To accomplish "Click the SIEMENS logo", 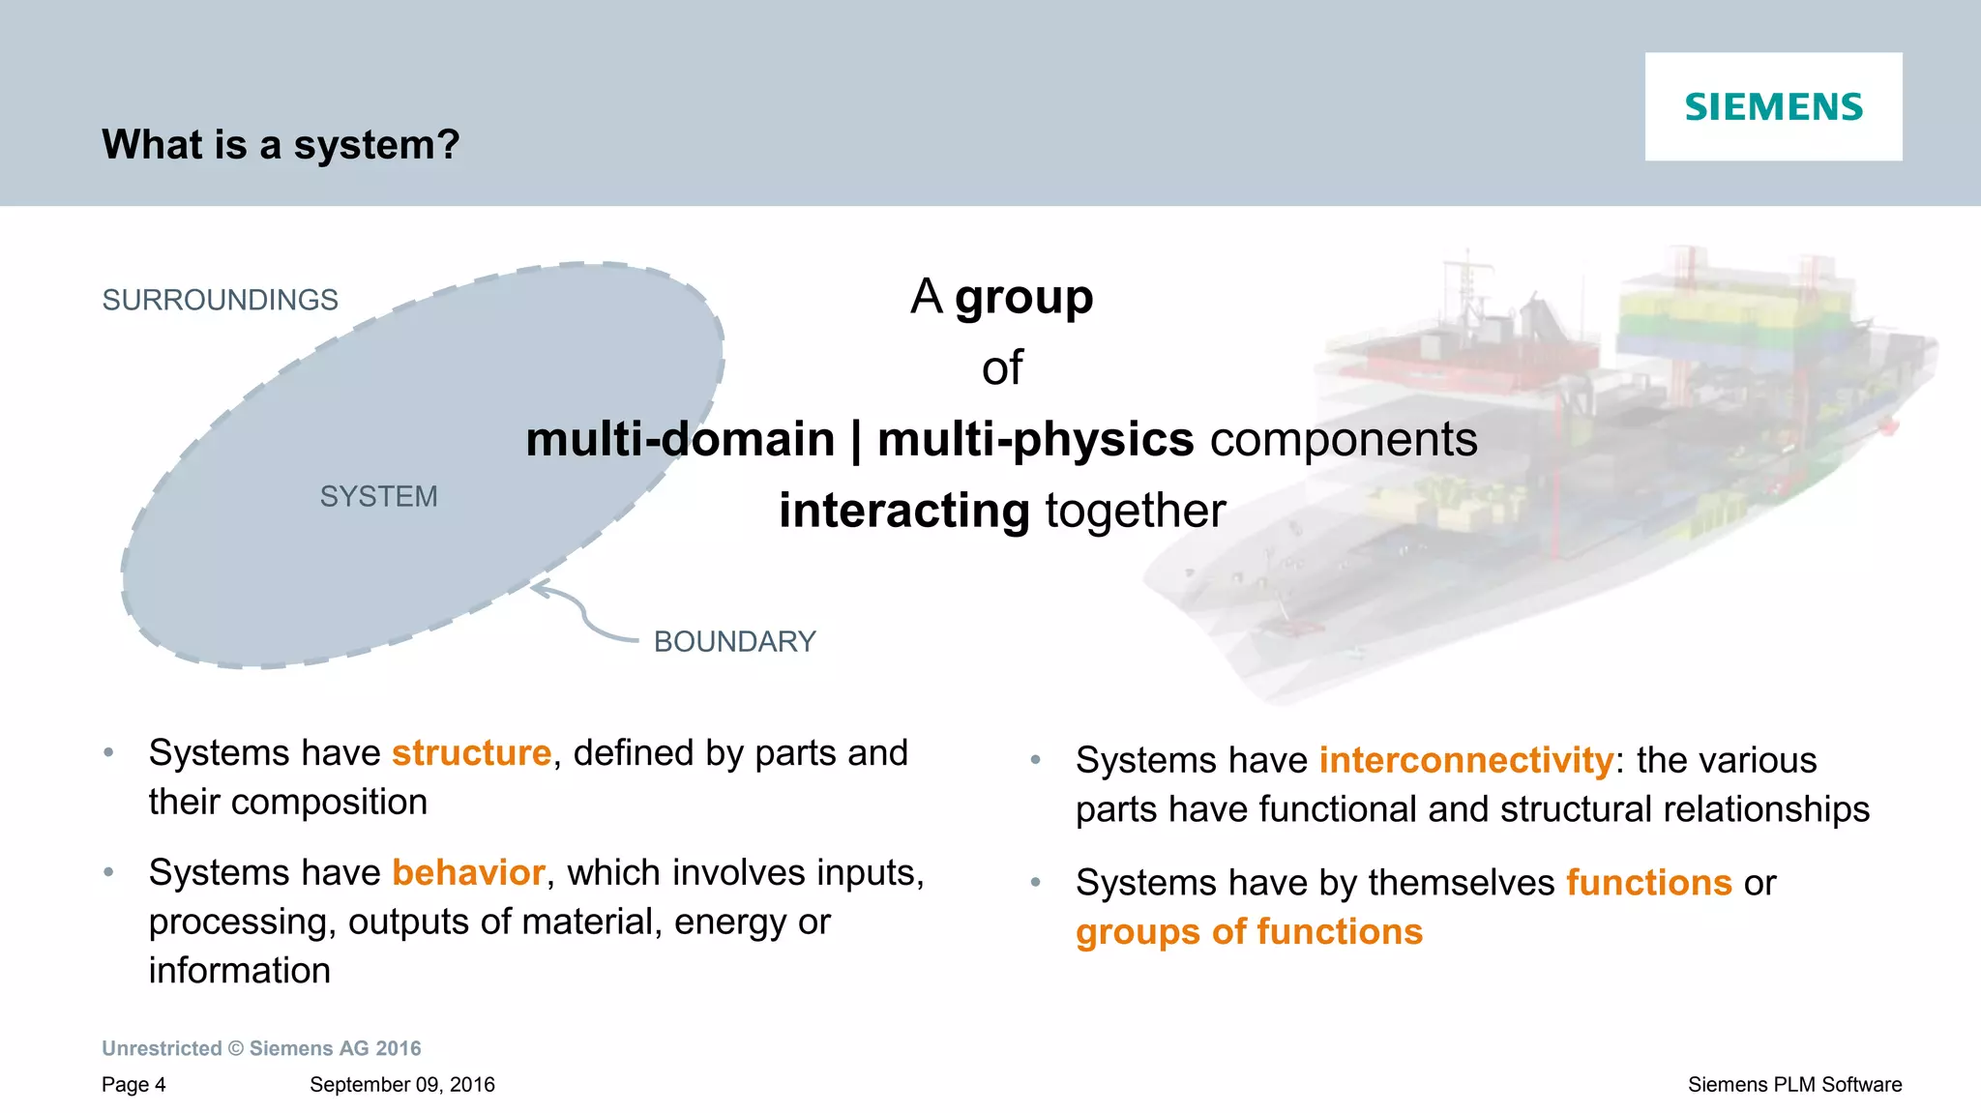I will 1773,106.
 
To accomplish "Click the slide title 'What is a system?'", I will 281,145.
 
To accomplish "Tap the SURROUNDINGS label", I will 220,300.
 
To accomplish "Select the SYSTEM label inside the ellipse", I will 378,496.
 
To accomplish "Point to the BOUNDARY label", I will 734,641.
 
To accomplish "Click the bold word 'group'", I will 1023,297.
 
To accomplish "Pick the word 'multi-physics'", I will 1035,439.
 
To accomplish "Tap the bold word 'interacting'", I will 903,511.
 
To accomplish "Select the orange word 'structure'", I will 471,752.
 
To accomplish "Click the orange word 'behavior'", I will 468,872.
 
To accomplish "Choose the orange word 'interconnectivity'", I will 1465,760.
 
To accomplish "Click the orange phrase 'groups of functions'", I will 1249,931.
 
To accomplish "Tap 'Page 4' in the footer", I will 133,1084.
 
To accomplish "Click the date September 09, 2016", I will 401,1084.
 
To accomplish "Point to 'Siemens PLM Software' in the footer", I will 1794,1084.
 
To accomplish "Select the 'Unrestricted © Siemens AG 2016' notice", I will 261,1048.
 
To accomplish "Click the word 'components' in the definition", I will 1344,439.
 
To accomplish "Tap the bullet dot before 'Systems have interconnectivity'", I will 1035,761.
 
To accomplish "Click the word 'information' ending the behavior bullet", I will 239,970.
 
